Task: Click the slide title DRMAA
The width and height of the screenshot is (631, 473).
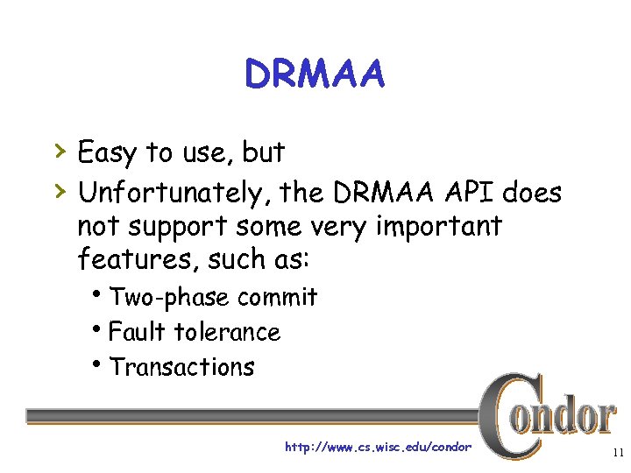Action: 315,75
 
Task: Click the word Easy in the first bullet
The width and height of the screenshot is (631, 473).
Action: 107,153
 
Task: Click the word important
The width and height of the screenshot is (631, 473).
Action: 438,226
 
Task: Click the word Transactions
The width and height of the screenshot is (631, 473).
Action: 182,367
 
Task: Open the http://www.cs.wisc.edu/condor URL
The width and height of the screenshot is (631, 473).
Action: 378,448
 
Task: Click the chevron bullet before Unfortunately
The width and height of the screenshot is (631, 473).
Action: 58,188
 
